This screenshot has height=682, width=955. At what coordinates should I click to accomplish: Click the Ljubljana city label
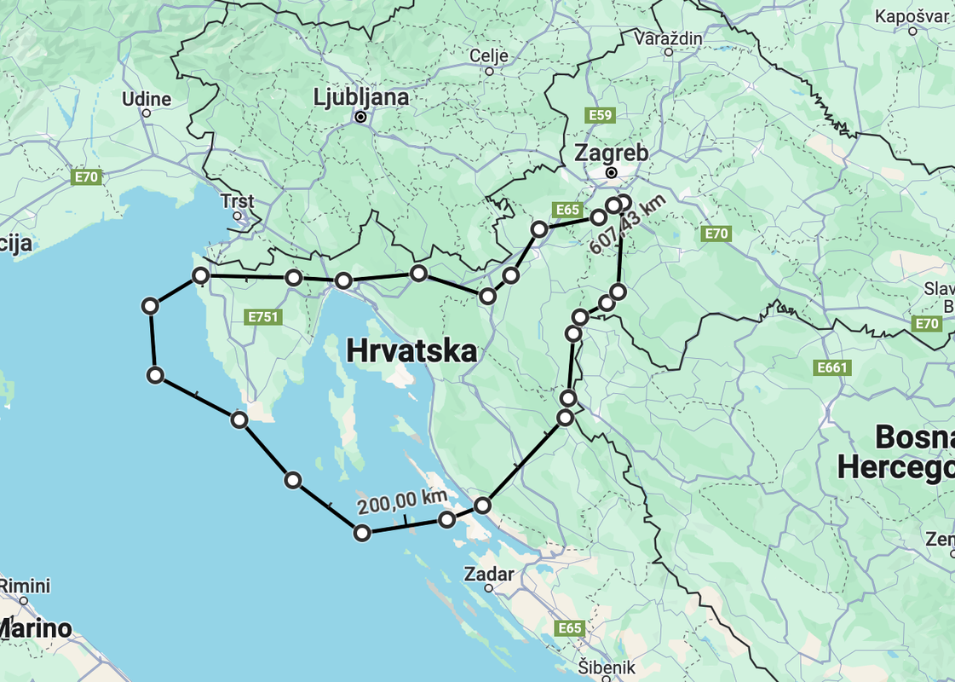[x=361, y=97]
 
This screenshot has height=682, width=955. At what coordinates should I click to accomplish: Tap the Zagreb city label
[x=611, y=153]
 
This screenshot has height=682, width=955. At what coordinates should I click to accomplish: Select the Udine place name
[x=147, y=99]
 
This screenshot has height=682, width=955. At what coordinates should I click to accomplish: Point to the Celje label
[x=489, y=56]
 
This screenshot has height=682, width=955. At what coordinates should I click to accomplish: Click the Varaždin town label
[x=669, y=38]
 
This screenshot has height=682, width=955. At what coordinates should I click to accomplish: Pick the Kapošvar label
[x=912, y=16]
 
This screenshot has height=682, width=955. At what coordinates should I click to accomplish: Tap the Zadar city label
[x=489, y=574]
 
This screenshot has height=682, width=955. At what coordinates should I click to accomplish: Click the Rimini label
[x=26, y=586]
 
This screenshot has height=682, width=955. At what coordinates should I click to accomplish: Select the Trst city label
[x=237, y=201]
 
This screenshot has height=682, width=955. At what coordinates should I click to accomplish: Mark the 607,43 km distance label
[x=627, y=223]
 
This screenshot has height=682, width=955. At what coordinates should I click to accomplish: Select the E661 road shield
[x=832, y=367]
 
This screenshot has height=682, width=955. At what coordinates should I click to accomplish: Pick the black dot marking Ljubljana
[x=361, y=117]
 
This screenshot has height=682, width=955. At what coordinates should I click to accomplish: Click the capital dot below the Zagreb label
[x=611, y=172]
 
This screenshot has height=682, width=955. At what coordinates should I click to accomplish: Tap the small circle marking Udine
[x=147, y=113]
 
